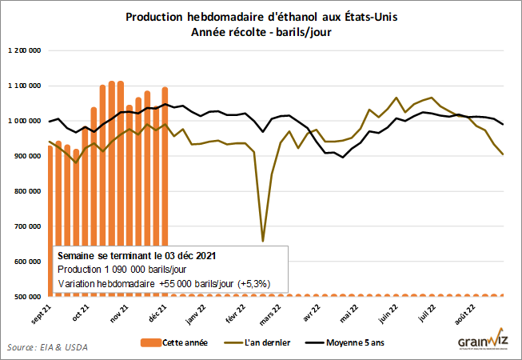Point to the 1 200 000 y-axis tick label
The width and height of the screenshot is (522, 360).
[24, 50]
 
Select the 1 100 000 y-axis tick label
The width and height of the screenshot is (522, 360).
[24, 86]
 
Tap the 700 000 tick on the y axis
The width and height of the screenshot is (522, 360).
[27, 226]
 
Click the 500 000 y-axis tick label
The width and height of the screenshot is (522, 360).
[27, 297]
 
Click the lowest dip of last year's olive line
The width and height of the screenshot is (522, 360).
[263, 240]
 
